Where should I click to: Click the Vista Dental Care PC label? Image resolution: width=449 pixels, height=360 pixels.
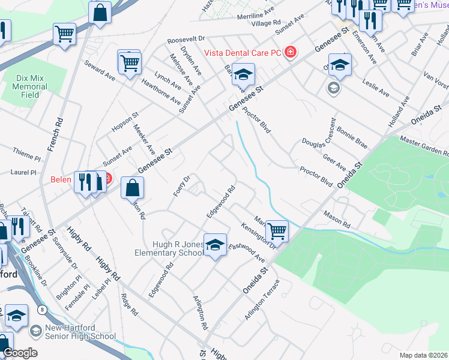[x=243, y=53]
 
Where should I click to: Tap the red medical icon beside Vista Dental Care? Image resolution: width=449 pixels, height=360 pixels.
[x=290, y=52]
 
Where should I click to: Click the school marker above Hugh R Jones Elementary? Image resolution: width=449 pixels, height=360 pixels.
[x=215, y=245]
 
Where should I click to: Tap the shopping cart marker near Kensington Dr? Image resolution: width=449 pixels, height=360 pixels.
[x=276, y=230]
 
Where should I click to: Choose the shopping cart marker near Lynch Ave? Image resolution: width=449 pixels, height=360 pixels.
[x=130, y=62]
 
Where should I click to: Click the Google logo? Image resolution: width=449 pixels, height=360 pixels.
[x=20, y=353]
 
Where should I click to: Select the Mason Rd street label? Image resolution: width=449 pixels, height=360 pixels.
[x=336, y=219]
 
